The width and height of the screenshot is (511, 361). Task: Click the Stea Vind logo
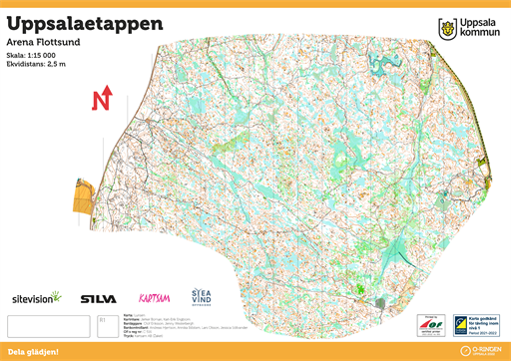pyautogui.click(x=201, y=296)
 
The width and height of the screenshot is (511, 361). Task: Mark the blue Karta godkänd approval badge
pyautogui.click(x=476, y=324)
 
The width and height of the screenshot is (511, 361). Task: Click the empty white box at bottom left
pyautogui.click(x=48, y=326)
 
